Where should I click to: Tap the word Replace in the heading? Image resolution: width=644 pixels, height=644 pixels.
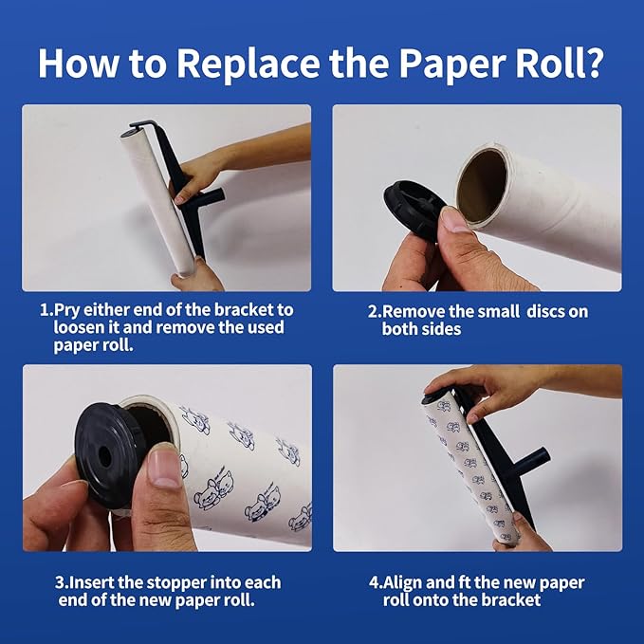[248, 64]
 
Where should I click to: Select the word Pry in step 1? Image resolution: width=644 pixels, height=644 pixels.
[67, 311]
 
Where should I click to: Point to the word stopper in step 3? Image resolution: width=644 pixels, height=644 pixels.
[177, 583]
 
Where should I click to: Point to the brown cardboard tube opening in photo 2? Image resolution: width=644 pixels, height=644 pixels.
[482, 185]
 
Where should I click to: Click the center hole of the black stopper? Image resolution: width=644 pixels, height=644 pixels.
[105, 457]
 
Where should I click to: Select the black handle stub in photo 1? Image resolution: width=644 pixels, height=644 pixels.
[211, 196]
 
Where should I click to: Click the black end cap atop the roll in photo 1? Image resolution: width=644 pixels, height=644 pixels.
[131, 132]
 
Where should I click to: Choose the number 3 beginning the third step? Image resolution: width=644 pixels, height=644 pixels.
[60, 583]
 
